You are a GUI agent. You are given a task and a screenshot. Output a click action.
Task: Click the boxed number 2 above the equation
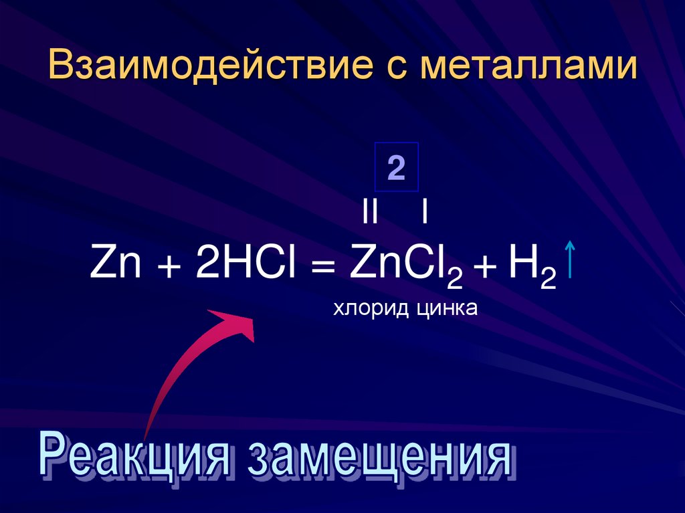(x=396, y=168)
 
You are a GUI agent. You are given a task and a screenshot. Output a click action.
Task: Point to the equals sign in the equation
(x=322, y=268)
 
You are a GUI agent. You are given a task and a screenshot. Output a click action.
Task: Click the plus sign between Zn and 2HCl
(x=169, y=268)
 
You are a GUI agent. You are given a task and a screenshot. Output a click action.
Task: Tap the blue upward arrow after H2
(x=569, y=261)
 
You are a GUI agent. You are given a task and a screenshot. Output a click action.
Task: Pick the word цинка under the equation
(x=446, y=308)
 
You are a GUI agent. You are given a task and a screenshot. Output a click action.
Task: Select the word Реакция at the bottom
(x=137, y=458)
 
